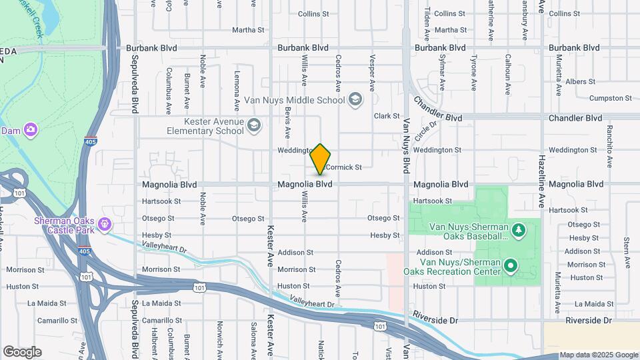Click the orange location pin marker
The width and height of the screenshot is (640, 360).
click(321, 159)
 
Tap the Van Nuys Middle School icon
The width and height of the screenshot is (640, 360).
click(355, 100)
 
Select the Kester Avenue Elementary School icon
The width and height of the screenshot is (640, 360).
click(253, 125)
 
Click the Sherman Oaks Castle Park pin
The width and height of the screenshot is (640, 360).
click(104, 223)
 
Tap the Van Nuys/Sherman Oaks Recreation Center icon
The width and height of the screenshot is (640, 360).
click(511, 267)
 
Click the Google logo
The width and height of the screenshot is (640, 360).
click(22, 351)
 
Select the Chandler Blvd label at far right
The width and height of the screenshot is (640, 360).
click(575, 118)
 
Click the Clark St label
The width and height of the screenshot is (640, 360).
click(386, 116)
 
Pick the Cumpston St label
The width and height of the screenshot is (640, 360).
click(611, 98)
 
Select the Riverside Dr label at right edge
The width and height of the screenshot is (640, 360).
click(588, 321)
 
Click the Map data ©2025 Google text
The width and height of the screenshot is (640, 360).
click(599, 355)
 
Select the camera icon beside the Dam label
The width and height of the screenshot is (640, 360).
click(30, 129)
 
